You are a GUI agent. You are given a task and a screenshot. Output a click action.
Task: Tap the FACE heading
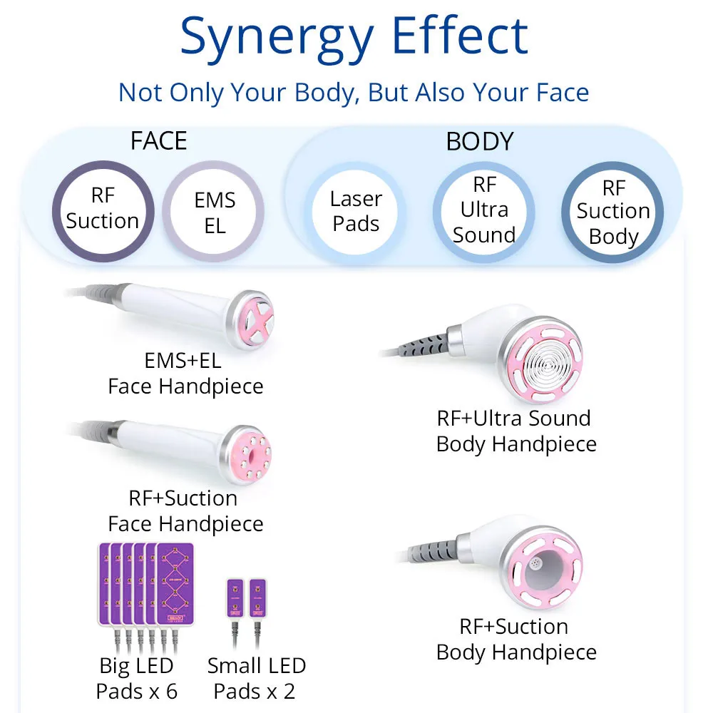coord(158,140)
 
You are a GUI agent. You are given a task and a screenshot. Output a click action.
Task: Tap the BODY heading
coord(479,141)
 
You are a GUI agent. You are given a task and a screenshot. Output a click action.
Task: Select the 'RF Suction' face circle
coord(103,209)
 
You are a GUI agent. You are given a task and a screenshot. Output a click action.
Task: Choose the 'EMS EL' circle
coord(215,212)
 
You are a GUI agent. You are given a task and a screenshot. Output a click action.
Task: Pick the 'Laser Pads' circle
coord(356,211)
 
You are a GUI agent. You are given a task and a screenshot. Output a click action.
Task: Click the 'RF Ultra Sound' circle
coord(484,210)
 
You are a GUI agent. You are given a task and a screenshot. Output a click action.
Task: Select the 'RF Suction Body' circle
coord(612,212)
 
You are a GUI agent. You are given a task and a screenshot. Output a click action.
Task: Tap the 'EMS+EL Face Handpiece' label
coord(185,374)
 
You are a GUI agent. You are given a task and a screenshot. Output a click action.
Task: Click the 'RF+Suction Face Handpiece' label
coord(185,511)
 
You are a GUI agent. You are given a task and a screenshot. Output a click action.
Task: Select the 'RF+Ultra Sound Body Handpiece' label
coord(516,431)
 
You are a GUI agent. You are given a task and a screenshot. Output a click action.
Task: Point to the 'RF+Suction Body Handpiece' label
coord(516,640)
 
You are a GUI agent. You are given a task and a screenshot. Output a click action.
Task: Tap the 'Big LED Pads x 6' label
coord(136,679)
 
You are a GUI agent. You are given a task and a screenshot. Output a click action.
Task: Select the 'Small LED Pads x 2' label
coord(256,679)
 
